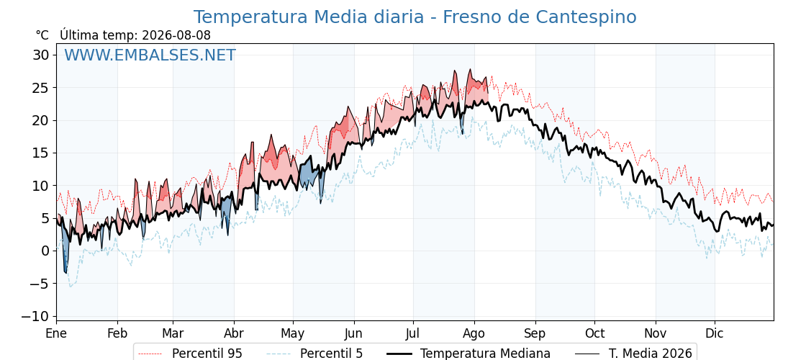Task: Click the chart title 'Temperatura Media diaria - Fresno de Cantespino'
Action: (415, 17)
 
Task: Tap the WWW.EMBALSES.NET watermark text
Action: (150, 55)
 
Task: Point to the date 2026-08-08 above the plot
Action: (176, 35)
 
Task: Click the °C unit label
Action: (42, 35)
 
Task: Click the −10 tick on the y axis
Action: (35, 316)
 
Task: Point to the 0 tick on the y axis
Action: (46, 251)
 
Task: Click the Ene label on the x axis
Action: (56, 333)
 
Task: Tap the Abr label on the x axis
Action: (234, 333)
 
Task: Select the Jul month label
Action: (413, 333)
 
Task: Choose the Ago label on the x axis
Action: (474, 333)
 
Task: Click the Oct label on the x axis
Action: (594, 333)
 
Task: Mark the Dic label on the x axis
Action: (715, 333)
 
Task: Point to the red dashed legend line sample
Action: (151, 354)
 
